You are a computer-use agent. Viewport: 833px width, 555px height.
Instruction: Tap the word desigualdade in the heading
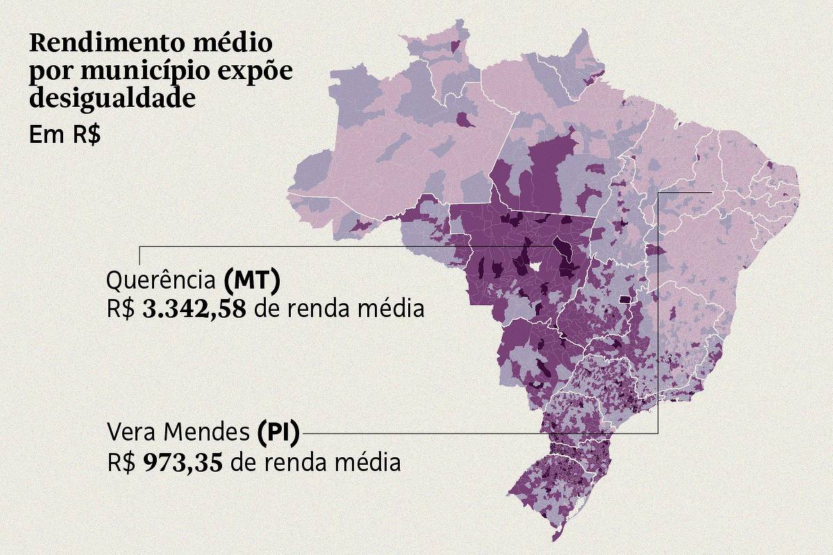point(111,97)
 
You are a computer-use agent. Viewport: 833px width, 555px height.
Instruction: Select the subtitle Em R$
point(65,135)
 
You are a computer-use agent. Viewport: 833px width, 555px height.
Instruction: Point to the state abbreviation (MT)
point(252,281)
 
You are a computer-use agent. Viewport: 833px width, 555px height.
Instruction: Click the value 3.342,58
point(194,309)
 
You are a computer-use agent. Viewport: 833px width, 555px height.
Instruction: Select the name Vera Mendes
point(177,433)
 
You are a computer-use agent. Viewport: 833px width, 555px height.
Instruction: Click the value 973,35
point(183,462)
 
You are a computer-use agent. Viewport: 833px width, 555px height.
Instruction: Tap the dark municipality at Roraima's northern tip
point(456,45)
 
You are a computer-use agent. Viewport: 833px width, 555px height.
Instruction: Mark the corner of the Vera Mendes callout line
point(657,433)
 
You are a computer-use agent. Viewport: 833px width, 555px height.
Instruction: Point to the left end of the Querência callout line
point(140,246)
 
